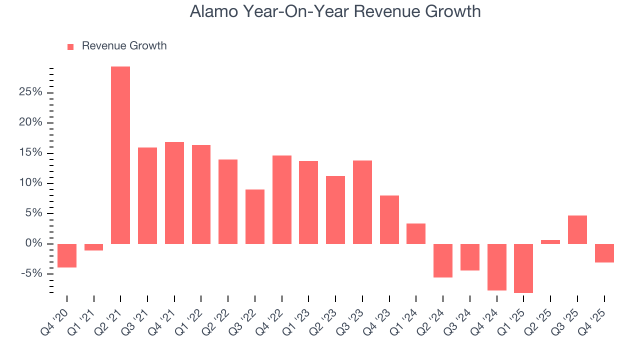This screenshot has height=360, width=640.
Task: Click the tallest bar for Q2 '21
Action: [x=120, y=155]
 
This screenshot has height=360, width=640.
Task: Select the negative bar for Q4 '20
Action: [x=67, y=255]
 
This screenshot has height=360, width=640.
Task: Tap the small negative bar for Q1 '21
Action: [x=93, y=247]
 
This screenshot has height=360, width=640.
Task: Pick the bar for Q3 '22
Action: [x=255, y=216]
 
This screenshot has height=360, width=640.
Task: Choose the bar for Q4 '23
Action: [x=389, y=219]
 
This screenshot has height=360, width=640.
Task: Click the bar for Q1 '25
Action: [x=523, y=268]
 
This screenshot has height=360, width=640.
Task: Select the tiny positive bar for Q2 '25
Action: [x=550, y=242]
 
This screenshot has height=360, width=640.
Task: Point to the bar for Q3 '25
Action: [x=577, y=229]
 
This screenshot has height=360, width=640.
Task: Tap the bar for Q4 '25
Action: [x=604, y=253]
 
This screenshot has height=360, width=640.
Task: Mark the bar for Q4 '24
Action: [x=497, y=267]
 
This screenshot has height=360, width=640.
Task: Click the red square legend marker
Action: [x=70, y=46]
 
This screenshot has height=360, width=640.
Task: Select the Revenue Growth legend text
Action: [x=124, y=46]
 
